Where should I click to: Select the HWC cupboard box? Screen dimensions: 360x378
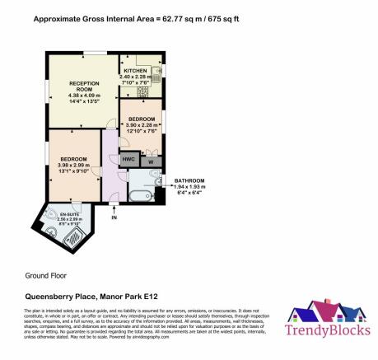coord(128,159)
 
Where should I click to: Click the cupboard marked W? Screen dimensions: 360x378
coord(151,161)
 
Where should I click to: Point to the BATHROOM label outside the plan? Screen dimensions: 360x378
coord(189,180)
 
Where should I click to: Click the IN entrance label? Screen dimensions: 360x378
coord(114,217)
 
